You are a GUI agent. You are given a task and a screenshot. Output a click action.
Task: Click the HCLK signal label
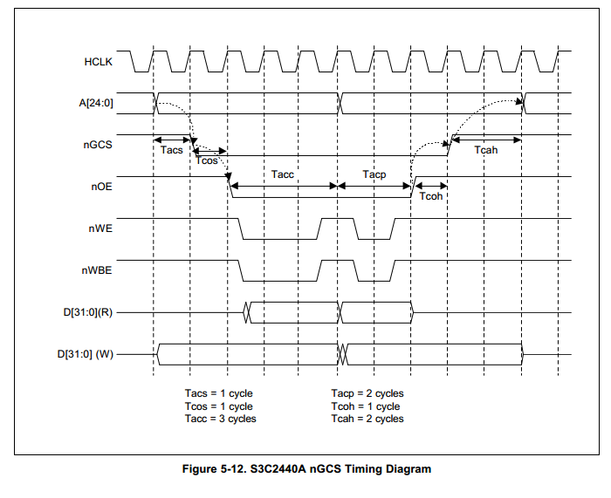click(98, 62)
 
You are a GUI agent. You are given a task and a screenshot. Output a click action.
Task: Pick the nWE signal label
click(101, 229)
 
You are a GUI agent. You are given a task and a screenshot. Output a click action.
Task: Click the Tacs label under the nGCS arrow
click(172, 150)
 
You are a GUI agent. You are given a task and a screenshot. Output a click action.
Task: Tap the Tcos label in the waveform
click(208, 161)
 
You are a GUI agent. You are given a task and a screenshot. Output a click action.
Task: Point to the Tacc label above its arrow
click(283, 174)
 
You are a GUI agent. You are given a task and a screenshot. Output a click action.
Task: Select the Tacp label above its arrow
click(374, 174)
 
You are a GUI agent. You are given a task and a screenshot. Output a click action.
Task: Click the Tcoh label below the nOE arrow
click(431, 197)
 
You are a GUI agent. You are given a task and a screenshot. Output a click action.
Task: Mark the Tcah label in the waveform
click(486, 150)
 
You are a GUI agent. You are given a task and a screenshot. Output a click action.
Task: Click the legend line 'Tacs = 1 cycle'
click(218, 393)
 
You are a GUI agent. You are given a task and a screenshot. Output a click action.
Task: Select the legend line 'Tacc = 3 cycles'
click(221, 419)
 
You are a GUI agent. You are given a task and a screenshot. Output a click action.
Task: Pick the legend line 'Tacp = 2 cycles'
click(367, 393)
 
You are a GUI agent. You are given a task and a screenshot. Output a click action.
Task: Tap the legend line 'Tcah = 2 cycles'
click(367, 419)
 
